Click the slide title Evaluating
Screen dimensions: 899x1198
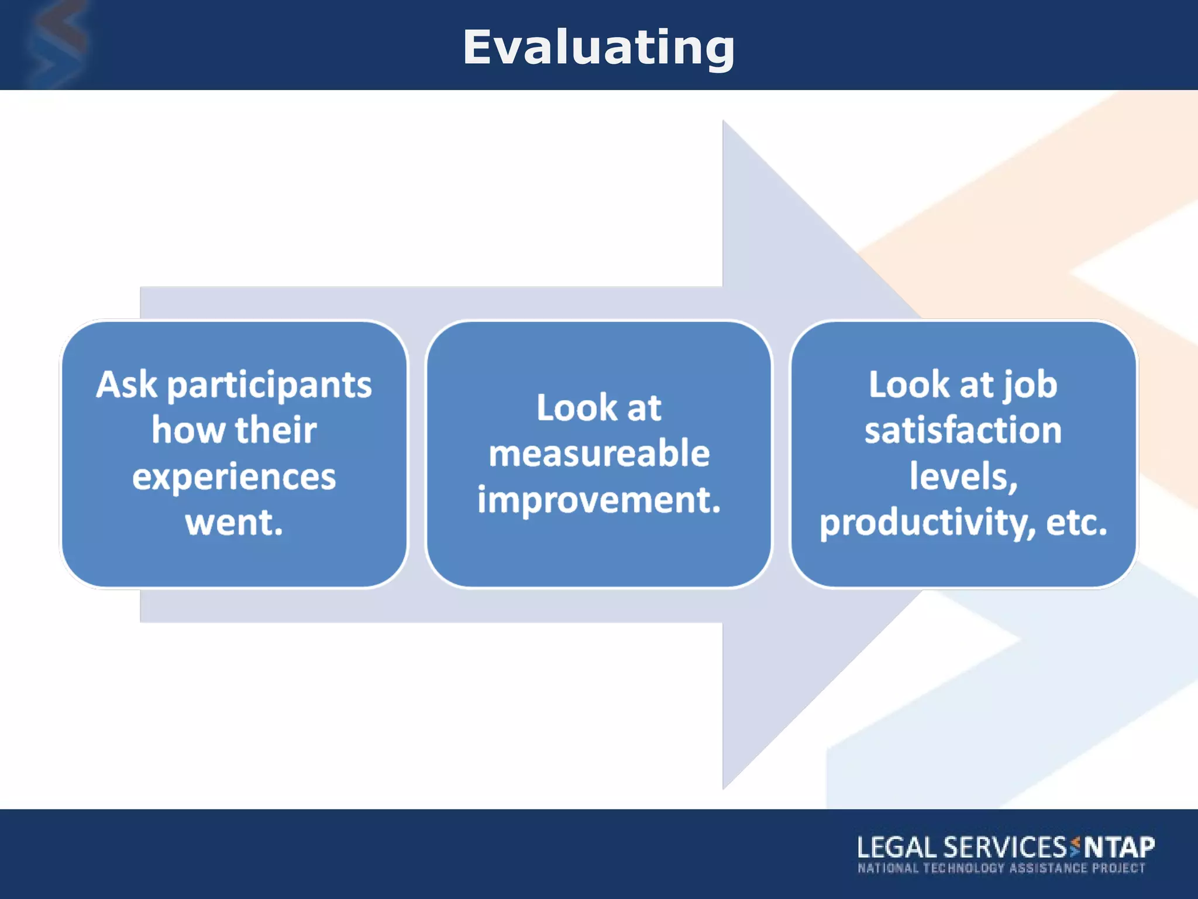pos(598,48)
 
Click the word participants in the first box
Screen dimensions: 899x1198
pos(269,386)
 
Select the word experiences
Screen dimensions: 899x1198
pos(234,478)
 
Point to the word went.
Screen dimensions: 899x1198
pos(234,523)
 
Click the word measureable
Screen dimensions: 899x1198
pos(599,454)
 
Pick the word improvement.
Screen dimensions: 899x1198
pos(599,500)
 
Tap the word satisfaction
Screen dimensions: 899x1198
pos(963,430)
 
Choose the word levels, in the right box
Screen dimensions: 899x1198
pos(963,476)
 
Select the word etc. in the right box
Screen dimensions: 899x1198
pos(1076,523)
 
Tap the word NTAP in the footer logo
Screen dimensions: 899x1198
pos(1120,847)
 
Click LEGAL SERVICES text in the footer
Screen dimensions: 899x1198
pos(962,847)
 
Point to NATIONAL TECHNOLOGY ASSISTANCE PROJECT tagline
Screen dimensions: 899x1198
pos(1001,868)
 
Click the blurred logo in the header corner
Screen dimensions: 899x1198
pos(56,44)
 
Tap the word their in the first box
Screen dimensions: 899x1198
pos(276,431)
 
